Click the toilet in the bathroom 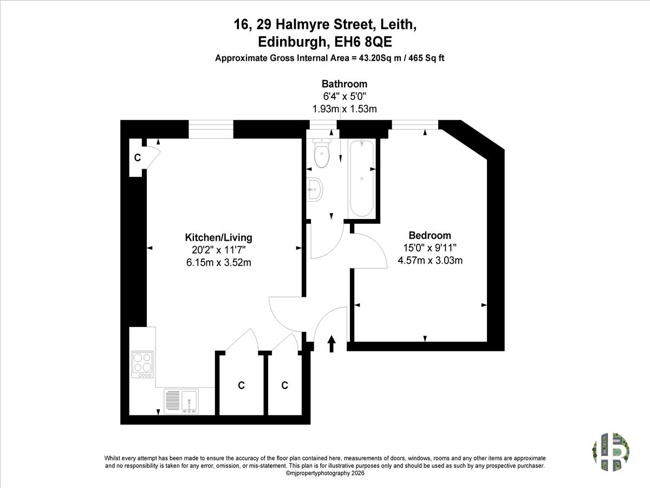tap(322, 153)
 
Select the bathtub tap(362, 178)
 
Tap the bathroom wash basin tap(314, 189)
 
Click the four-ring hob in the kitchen tap(142, 364)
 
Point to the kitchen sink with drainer tap(181, 401)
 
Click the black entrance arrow tap(331, 344)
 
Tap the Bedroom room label tap(430, 235)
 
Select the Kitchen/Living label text tap(218, 237)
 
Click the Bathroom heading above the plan tap(344, 84)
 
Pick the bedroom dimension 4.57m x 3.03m tap(430, 260)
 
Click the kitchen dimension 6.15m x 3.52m tap(218, 262)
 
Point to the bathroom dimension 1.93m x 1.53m tap(344, 109)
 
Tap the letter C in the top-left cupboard tap(138, 158)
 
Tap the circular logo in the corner tap(610, 452)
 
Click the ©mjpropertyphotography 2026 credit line tap(325, 473)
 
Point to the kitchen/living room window tap(211, 129)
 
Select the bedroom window tap(415, 125)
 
